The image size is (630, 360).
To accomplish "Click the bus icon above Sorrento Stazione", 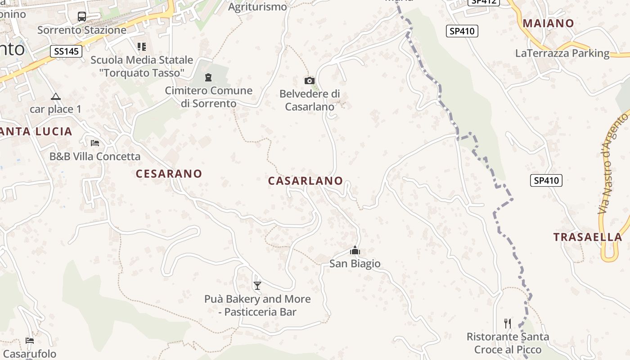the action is (81, 17).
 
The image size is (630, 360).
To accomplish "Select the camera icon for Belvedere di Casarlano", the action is (310, 81).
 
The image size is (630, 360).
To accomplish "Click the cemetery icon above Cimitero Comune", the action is (208, 77).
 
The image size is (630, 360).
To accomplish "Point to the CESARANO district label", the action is (169, 174).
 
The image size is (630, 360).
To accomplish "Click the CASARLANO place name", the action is (306, 181).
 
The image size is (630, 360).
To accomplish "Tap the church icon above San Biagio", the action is (355, 250).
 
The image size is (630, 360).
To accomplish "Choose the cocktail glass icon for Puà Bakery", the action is (257, 285).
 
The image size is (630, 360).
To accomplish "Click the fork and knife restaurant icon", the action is (508, 323).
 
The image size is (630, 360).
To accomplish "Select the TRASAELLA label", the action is (588, 237).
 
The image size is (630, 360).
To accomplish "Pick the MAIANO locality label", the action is (548, 23).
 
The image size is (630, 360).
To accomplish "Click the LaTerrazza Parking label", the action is (562, 53).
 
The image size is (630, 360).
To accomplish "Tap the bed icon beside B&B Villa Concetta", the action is (95, 143).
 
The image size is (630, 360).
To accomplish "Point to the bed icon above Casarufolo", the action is (30, 340).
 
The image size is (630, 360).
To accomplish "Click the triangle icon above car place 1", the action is (55, 96).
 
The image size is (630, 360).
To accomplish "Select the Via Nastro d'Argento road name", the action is (614, 164).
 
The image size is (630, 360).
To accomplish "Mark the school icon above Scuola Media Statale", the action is (142, 46).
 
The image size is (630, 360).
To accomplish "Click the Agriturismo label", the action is (257, 7).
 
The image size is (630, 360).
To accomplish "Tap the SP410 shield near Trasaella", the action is (546, 181).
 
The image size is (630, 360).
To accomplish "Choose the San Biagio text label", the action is (355, 264).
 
